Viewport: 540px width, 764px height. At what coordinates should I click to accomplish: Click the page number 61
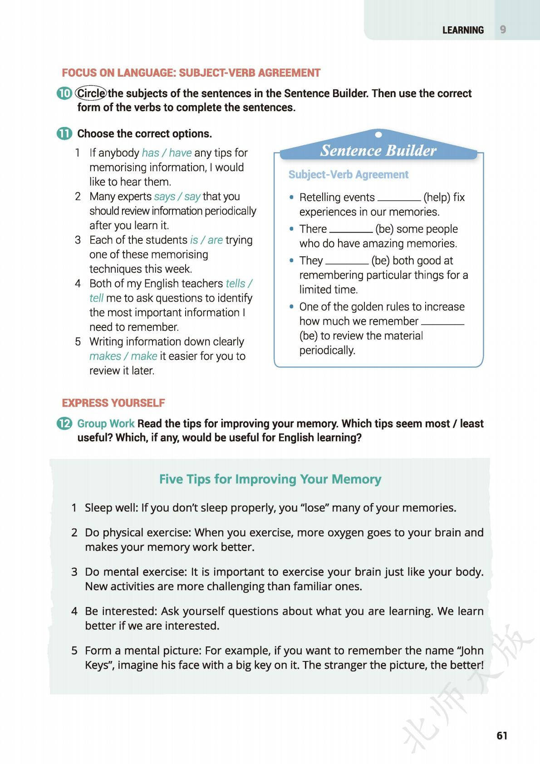point(502,735)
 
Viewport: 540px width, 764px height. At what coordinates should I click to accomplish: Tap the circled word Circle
point(91,93)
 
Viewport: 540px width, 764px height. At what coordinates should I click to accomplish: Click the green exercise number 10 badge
point(64,93)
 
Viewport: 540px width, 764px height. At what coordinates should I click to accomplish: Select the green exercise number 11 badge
point(64,134)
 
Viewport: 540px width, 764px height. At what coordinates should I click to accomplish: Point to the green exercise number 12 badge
point(64,424)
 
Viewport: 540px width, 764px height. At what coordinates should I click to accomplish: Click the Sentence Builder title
point(378,150)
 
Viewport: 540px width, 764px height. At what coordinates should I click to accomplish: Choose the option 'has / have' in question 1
point(167,153)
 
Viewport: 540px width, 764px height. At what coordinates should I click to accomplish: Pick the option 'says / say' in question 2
point(177,196)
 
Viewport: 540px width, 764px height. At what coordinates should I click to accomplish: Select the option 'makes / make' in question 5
point(123,356)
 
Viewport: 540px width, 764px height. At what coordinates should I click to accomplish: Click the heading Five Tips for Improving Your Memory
point(270,479)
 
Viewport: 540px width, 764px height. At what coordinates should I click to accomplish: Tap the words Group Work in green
point(106,424)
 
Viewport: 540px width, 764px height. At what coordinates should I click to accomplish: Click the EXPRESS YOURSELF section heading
point(113,403)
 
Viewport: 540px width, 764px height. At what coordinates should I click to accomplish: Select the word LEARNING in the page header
point(463,30)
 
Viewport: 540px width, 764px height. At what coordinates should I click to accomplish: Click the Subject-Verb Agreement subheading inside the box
point(349,175)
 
